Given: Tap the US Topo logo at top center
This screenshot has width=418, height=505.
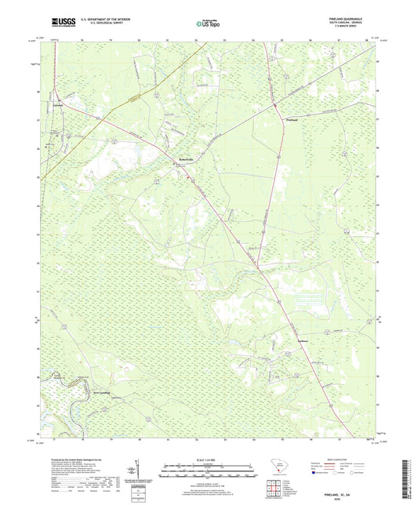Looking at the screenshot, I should (208, 24).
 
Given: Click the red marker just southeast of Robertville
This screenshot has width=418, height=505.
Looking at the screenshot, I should (187, 177).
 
